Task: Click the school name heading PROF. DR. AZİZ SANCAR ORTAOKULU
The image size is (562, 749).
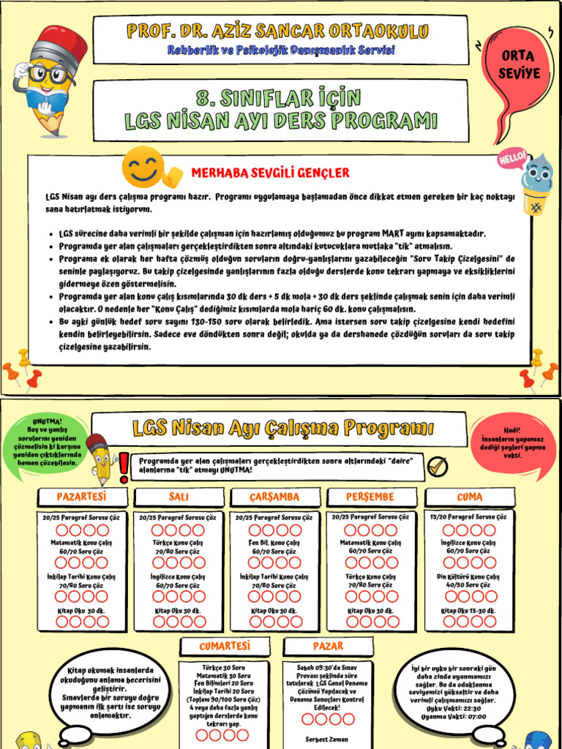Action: (277, 31)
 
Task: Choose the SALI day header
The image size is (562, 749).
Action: (179, 497)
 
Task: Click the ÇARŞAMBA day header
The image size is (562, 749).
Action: (274, 497)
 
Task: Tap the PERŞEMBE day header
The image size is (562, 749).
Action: (370, 497)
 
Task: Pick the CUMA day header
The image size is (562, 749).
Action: (469, 497)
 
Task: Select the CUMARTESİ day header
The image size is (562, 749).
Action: (225, 646)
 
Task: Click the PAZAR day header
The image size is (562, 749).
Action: (328, 646)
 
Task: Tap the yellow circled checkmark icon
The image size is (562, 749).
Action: (437, 465)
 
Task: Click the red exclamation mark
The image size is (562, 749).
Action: (124, 463)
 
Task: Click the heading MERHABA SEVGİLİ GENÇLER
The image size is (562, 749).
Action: (270, 173)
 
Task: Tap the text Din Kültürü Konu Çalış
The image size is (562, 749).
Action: (469, 577)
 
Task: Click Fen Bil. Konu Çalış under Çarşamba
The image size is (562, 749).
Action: (274, 543)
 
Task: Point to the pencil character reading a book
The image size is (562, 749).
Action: (48, 80)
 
